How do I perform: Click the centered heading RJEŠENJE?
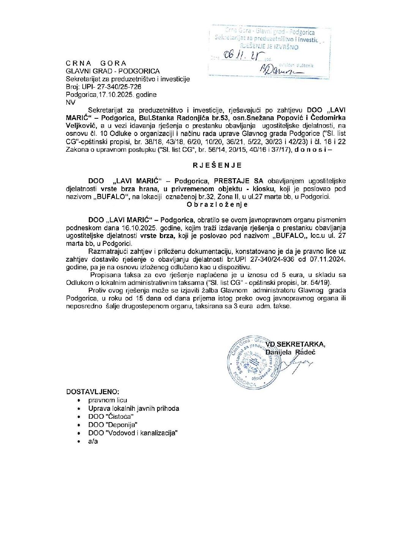tap(217, 165)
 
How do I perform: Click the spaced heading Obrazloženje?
tap(217, 204)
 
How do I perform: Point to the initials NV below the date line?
tap(71, 102)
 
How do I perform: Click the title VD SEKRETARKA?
tap(295, 344)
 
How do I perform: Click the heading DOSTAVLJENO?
tap(93, 392)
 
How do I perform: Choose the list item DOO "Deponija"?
tap(113, 425)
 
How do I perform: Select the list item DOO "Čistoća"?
tap(111, 416)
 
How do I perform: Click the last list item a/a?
tap(93, 441)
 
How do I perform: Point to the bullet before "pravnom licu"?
tap(79, 400)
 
